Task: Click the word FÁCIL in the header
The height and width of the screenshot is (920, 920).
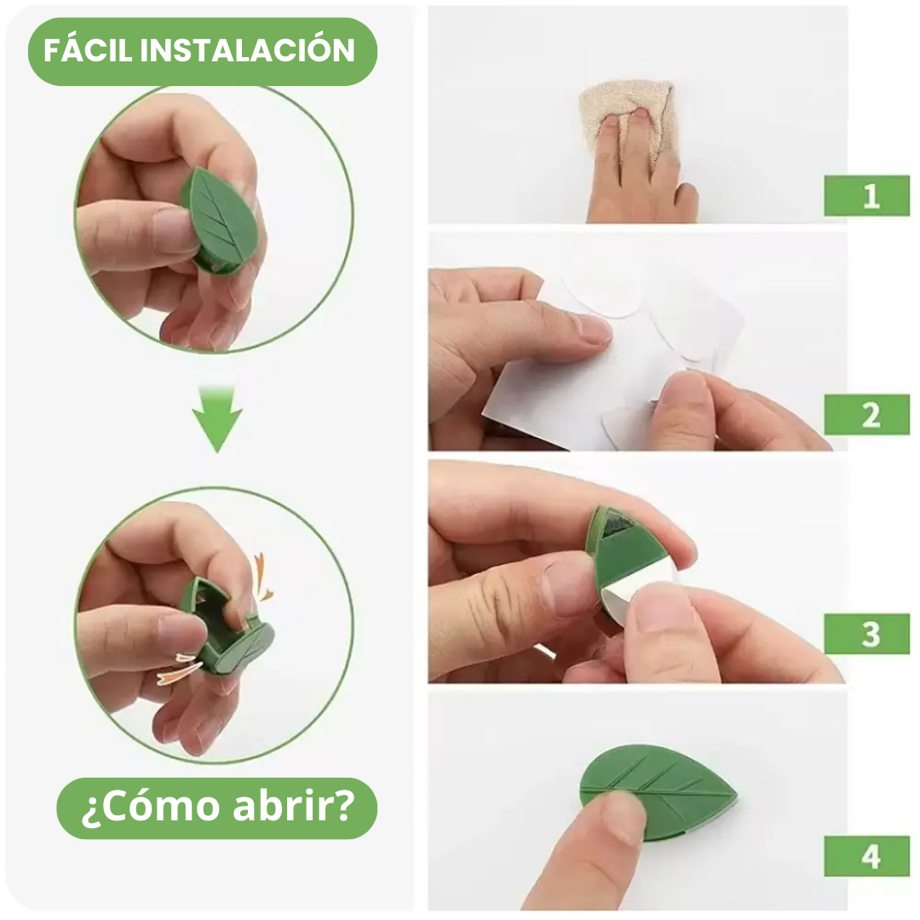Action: [x=89, y=49]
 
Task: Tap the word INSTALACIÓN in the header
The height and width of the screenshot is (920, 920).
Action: [x=248, y=49]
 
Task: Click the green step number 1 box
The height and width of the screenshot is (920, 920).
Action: [x=866, y=195]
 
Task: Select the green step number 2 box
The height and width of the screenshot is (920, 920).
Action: [x=866, y=415]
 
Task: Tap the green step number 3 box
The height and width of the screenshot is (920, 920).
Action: [x=866, y=634]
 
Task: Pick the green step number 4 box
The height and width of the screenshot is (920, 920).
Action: [x=866, y=856]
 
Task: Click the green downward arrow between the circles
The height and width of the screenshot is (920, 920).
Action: [x=217, y=418]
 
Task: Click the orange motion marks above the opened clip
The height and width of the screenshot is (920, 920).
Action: [x=262, y=578]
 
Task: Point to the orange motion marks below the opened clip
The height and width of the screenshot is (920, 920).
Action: [x=179, y=669]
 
